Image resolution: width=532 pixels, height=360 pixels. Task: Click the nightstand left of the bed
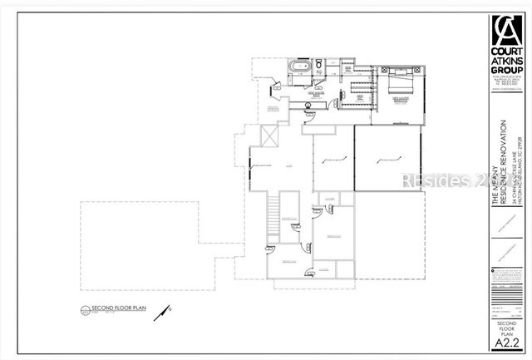point(384,74)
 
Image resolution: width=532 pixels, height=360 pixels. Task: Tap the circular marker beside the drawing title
point(83,311)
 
